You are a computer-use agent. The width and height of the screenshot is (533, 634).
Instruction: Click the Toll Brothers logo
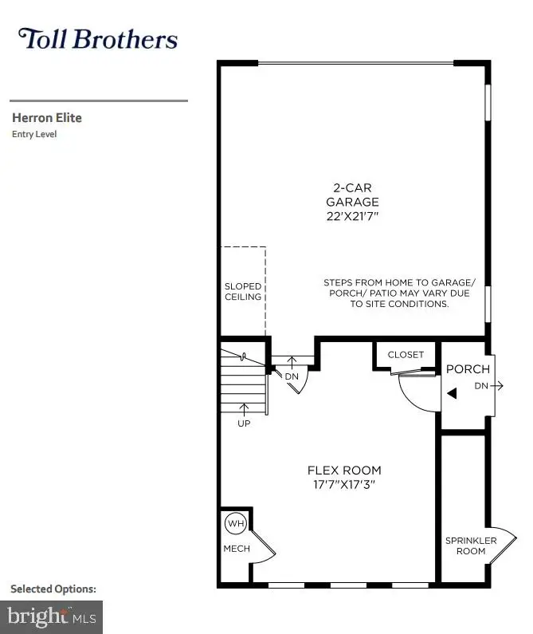(x=98, y=39)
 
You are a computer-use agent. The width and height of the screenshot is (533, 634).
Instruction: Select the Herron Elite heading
(x=47, y=118)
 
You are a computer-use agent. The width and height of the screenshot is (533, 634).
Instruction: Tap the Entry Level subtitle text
(x=34, y=134)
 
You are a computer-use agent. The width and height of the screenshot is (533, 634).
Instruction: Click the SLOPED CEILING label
(x=243, y=292)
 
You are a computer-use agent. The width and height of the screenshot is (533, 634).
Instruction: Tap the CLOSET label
(x=406, y=355)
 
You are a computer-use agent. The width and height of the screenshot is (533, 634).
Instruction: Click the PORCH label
(x=468, y=370)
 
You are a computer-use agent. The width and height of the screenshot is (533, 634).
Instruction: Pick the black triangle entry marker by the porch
(x=452, y=393)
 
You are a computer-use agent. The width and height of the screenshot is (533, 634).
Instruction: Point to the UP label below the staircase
(x=244, y=423)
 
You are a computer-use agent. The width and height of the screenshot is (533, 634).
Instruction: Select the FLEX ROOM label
(x=344, y=470)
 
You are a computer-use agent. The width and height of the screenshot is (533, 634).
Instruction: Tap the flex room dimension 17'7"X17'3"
(x=344, y=484)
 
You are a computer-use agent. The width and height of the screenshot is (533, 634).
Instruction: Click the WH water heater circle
(x=236, y=523)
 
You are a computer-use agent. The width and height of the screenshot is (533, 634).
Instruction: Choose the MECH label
(x=237, y=549)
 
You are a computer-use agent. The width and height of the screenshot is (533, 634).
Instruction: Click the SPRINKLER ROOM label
(x=471, y=545)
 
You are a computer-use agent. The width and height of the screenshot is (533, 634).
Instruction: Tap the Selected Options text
(x=53, y=589)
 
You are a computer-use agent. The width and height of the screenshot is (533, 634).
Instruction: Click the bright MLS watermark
(x=53, y=616)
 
